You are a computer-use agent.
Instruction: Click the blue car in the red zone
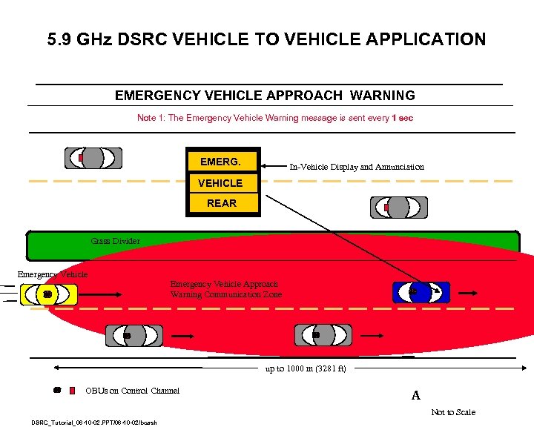[x=421, y=293]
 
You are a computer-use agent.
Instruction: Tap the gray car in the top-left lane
[x=93, y=158]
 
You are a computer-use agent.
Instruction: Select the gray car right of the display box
[x=398, y=208]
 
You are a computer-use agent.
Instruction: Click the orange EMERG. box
[x=220, y=162]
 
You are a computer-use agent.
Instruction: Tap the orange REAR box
[x=222, y=203]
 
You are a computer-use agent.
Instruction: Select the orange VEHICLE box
[x=220, y=182]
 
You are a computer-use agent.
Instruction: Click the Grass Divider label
[x=115, y=241]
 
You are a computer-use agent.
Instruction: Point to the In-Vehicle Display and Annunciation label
[x=356, y=167]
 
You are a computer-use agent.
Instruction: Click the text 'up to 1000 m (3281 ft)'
[x=306, y=368]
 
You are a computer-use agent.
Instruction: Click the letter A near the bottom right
[x=415, y=396]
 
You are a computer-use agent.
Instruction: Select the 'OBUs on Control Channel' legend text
[x=132, y=391]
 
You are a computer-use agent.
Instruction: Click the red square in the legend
[x=72, y=390]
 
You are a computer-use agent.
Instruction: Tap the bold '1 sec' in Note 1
[x=402, y=119]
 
